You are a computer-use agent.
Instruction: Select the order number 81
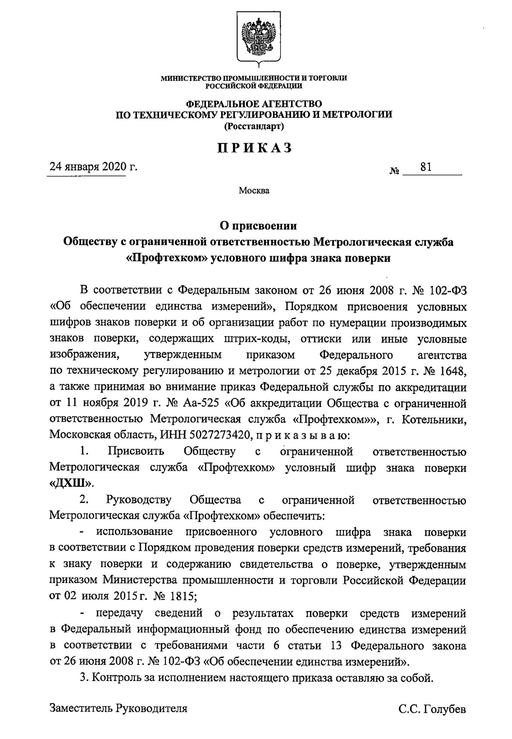[426, 167]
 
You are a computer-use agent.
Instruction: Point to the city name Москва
[254, 191]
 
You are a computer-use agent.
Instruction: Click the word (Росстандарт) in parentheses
[254, 127]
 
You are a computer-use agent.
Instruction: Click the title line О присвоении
[258, 226]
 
